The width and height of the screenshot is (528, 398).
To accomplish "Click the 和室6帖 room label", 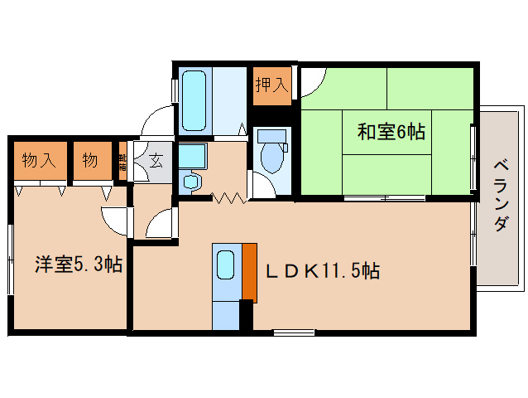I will coord(391,131).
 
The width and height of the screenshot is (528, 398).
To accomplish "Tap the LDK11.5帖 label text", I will coord(323,270).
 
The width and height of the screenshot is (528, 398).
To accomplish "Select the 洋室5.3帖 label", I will coord(79,265).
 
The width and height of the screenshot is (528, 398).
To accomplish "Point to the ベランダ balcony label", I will coord(501,196).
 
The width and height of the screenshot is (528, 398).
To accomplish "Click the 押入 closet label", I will coord(272,84).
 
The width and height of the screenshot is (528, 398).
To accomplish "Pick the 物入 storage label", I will coord(39,160).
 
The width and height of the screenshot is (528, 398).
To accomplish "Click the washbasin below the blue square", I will coord(192,181).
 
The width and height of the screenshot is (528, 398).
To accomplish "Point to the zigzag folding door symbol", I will coord(228,197).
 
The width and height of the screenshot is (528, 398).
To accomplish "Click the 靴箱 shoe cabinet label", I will coord(122,160).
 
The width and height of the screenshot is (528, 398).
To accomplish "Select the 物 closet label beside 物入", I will coord(90,160).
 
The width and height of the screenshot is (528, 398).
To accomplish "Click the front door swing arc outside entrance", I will coord(155,123).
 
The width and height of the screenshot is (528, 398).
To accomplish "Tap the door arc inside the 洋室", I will coord(115,218).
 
